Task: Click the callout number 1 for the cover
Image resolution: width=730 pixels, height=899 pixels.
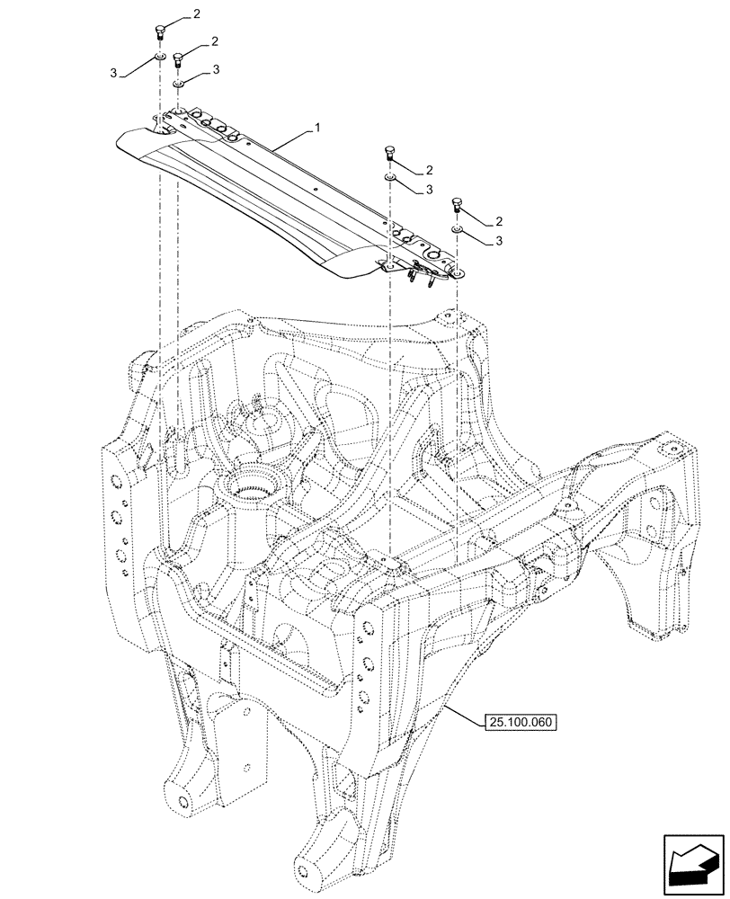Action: tap(316, 129)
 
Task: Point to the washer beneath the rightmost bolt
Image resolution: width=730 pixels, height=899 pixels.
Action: tap(457, 231)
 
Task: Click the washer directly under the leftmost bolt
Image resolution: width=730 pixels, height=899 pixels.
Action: tap(159, 58)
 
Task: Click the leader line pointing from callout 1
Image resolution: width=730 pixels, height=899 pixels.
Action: tap(288, 139)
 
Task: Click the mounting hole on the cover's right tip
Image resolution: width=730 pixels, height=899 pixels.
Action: tap(457, 272)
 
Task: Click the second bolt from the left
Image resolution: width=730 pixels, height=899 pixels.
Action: tap(178, 59)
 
